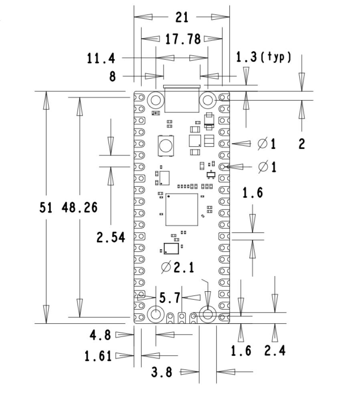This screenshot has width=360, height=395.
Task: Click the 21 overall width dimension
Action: [182, 17]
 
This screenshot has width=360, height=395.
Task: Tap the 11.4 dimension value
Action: [101, 58]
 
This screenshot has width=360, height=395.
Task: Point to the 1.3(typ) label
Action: [263, 58]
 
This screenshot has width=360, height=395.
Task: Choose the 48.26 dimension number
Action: [80, 207]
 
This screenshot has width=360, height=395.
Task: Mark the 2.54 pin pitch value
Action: [111, 237]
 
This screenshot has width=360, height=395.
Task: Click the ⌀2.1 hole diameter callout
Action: [177, 267]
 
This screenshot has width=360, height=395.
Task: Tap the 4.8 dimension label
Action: [100, 335]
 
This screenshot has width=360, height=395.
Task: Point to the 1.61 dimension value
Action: [98, 356]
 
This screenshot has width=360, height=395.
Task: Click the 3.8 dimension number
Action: [162, 372]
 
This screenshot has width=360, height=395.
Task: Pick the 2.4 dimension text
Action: [275, 351]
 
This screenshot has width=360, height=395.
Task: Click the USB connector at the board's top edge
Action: [182, 99]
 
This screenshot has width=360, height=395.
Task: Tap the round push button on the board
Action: [165, 145]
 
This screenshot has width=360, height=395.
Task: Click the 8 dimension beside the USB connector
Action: [113, 76]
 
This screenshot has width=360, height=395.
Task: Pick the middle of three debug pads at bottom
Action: [182, 318]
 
